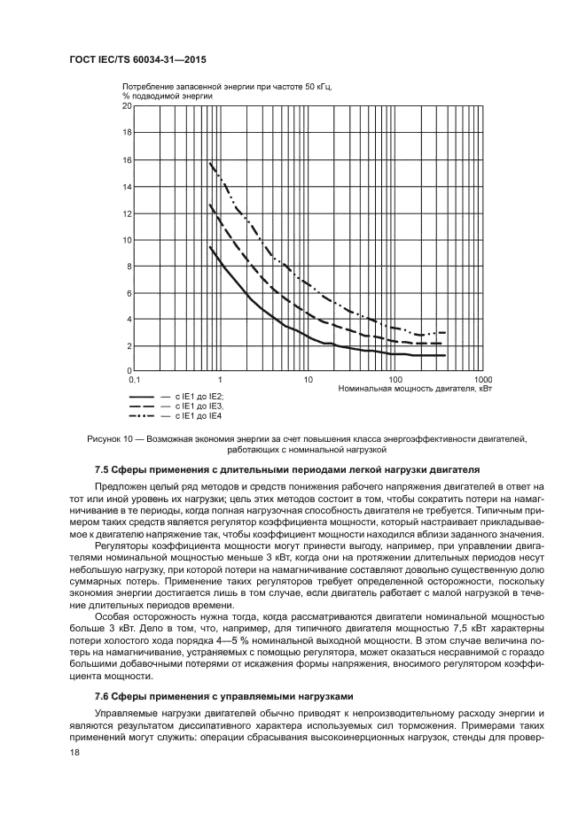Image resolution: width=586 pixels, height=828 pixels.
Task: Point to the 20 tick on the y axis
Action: (x=127, y=106)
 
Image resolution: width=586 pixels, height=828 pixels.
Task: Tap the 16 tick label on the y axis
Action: (x=127, y=160)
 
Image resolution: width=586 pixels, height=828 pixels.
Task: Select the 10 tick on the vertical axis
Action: (x=127, y=240)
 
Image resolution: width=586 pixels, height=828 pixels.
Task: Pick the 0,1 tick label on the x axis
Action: (x=134, y=379)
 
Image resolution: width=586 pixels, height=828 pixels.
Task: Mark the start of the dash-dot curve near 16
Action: (x=209, y=162)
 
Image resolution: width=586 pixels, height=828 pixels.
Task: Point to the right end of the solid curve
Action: (x=444, y=356)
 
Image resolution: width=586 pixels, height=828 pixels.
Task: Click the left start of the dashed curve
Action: (x=209, y=205)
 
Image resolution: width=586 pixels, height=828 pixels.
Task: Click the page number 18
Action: (x=75, y=752)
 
